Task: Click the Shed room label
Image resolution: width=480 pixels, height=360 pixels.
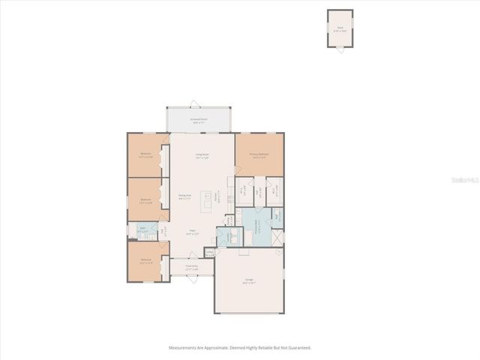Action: pyautogui.click(x=340, y=28)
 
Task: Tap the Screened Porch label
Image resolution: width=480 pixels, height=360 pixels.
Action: pyautogui.click(x=199, y=120)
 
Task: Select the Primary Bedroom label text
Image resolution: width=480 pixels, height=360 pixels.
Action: pyautogui.click(x=260, y=155)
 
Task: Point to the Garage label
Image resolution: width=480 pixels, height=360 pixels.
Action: pyautogui.click(x=248, y=282)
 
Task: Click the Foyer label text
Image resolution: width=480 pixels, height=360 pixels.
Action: pyautogui.click(x=192, y=232)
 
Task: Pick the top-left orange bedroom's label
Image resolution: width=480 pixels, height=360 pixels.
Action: pyautogui.click(x=146, y=155)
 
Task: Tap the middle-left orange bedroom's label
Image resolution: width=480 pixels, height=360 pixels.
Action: pyautogui.click(x=146, y=200)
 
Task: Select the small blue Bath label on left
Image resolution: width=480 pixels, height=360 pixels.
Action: pyautogui.click(x=142, y=230)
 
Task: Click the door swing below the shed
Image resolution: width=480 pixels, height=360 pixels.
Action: pyautogui.click(x=340, y=49)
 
